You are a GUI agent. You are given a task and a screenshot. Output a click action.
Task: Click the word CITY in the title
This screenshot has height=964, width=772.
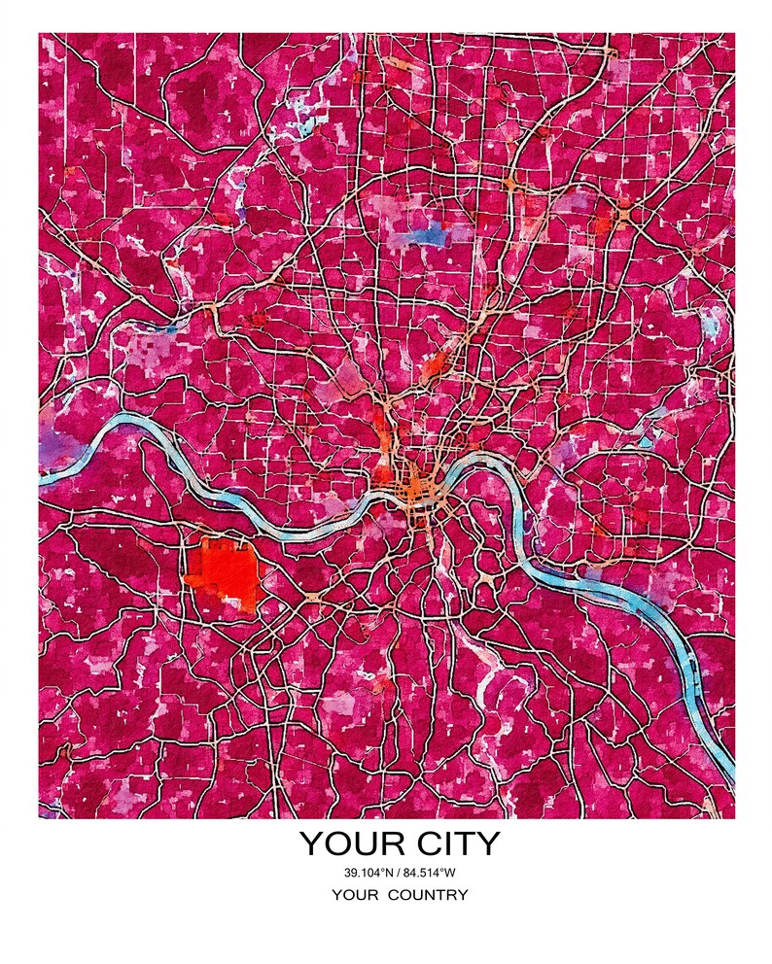[448, 843]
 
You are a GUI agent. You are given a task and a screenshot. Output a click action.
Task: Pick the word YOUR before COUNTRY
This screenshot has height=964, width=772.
[354, 895]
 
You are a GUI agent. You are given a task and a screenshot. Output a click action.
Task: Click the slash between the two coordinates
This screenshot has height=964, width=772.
[394, 871]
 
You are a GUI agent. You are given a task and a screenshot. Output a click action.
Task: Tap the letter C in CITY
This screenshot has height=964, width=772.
[411, 843]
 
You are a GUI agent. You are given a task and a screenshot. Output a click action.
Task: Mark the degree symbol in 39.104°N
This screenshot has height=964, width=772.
[379, 869]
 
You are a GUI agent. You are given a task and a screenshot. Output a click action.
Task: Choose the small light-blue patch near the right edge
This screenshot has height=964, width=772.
[715, 321]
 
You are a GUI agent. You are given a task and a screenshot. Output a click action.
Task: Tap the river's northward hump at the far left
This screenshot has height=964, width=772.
[126, 421]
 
